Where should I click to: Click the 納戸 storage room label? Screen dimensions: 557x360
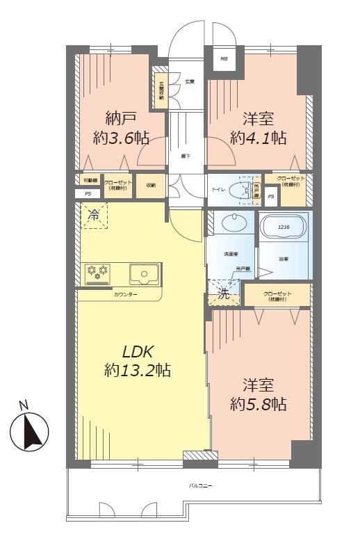coord(122,116)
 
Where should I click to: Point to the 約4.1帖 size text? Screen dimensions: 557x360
coord(259,137)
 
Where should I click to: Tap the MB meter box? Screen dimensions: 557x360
coord(224,59)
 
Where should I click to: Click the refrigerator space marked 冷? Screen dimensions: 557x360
coord(92,216)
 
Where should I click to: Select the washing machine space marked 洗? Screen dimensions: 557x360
coord(224,293)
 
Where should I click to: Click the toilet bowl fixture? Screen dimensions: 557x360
coord(245,188)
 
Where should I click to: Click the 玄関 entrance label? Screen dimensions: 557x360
coord(189,82)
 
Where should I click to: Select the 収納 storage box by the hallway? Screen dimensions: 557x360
coord(150,185)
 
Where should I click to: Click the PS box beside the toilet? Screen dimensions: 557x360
coord(270,197)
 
